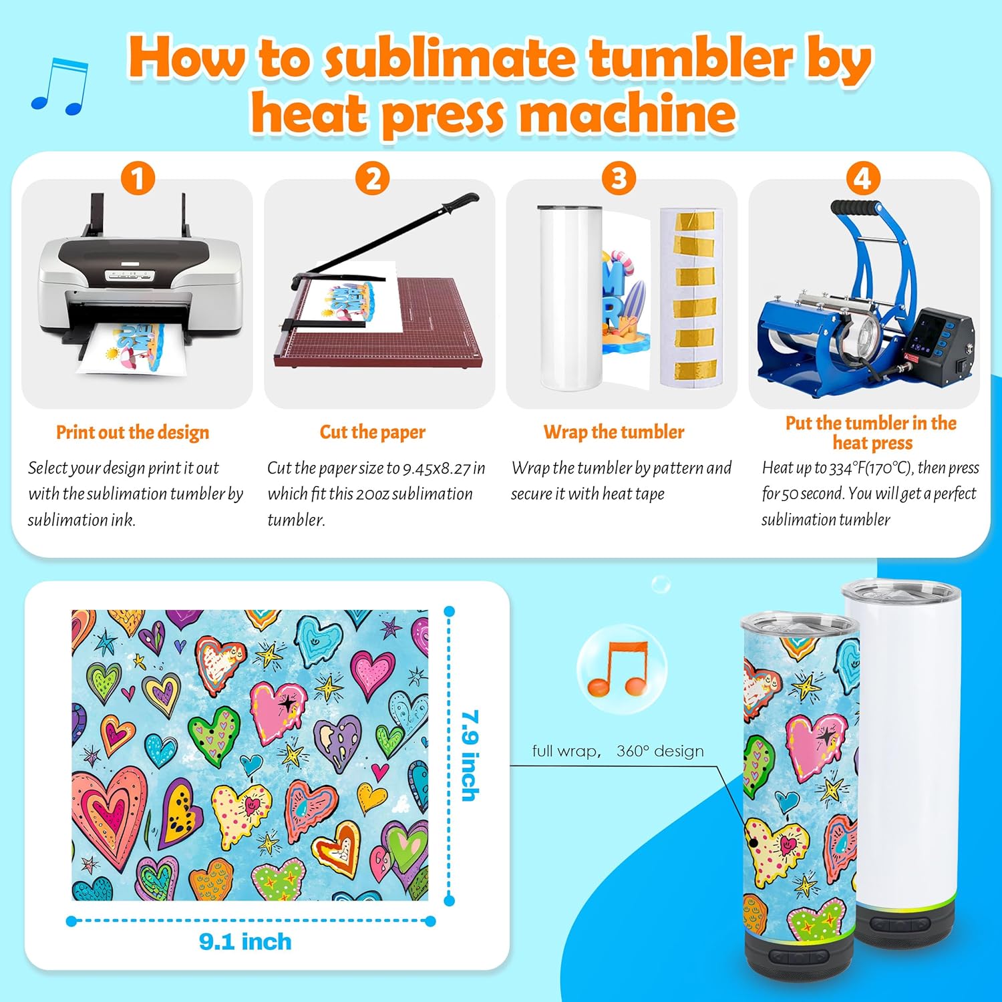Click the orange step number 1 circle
(x=138, y=178)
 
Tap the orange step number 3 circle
(x=619, y=178)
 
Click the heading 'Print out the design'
(x=132, y=432)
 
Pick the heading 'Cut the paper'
(x=372, y=432)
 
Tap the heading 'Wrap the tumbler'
(x=613, y=432)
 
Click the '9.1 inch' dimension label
(x=245, y=942)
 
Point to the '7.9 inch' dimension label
(x=470, y=755)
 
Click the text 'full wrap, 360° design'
(x=617, y=751)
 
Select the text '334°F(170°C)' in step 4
(x=869, y=468)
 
